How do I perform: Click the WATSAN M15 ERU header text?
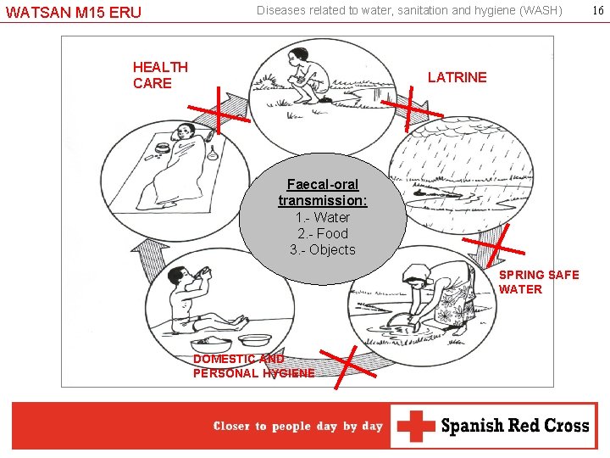point(74,13)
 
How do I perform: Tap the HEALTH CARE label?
point(160,75)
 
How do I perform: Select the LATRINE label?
point(457,77)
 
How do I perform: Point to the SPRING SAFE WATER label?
point(539,282)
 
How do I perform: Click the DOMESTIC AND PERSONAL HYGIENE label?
point(253,366)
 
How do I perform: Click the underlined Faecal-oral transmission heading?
point(323,193)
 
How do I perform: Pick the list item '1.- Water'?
point(323,217)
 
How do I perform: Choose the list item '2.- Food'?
point(323,233)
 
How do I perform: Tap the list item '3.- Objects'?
point(323,249)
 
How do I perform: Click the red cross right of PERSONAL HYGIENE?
point(348,366)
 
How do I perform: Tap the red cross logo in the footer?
point(416,426)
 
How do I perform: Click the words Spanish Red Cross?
point(515,426)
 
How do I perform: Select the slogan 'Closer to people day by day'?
point(298,427)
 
